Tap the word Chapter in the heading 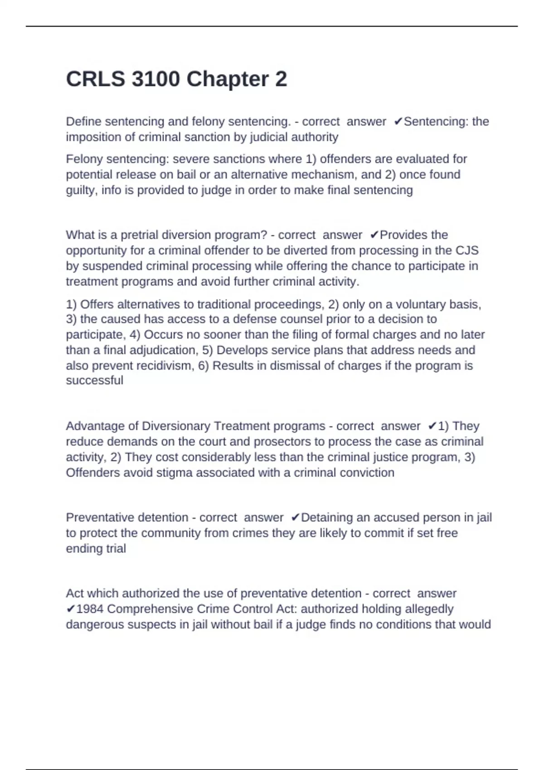[x=228, y=79]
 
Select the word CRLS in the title [x=96, y=79]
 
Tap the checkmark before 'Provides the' [x=374, y=235]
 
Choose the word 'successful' [x=94, y=380]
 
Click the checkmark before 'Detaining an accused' [x=295, y=518]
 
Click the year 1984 [x=90, y=609]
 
